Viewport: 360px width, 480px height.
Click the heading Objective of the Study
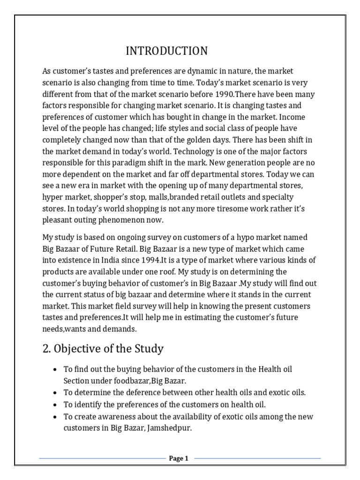coord(103,348)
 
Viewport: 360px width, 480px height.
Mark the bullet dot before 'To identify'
coord(55,404)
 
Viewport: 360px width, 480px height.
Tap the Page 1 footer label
coord(179,458)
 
